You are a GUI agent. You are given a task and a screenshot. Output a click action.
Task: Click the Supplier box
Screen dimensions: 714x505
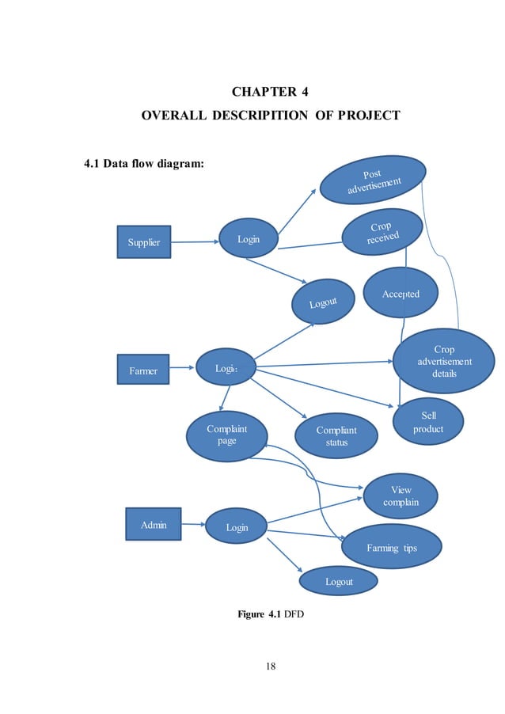144,242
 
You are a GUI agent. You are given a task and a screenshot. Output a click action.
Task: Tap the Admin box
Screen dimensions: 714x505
153,525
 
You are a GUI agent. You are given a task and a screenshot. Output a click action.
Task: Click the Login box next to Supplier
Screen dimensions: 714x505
248,239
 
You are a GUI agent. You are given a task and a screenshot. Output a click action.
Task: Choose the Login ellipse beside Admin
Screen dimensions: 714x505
236,527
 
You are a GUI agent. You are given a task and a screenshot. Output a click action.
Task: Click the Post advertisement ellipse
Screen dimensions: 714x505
372,180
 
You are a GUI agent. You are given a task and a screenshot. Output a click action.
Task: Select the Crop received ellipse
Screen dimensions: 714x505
382,232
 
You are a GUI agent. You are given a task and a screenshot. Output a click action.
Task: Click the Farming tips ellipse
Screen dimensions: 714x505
391,547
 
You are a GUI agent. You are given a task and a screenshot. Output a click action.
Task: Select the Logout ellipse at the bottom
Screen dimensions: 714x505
339,581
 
